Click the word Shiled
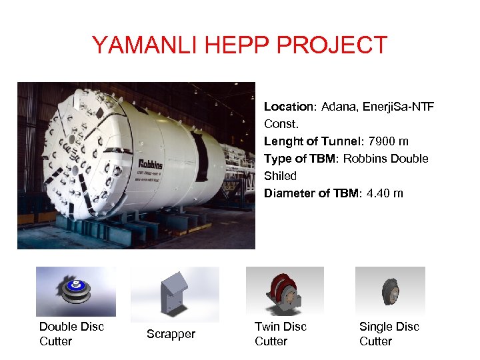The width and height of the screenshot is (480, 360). [281, 176]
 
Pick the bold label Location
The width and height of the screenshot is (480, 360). [288, 107]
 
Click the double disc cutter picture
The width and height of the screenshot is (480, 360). [76, 291]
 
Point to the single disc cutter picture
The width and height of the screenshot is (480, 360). [389, 291]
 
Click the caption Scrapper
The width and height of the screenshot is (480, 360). [171, 334]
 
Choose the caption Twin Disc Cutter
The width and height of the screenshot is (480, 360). [280, 333]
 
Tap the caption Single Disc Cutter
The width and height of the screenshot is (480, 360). [389, 333]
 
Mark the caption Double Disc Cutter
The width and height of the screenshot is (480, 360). [71, 333]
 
